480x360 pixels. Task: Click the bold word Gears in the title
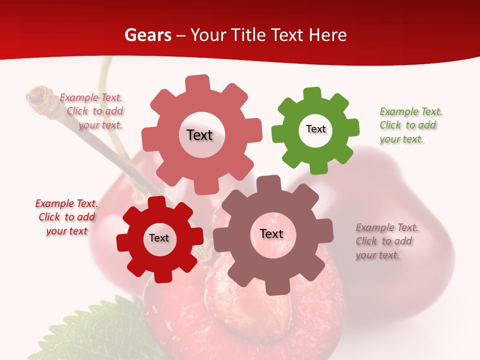coord(148,35)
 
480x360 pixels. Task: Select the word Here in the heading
coord(328,35)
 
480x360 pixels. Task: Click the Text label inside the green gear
coord(315,129)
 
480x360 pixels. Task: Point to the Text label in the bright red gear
coord(159,238)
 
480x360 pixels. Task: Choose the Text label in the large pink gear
coord(199,135)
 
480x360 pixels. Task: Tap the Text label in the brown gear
coord(271,233)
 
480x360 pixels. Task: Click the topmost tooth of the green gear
coord(312,93)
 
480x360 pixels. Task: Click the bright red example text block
coord(66,217)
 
